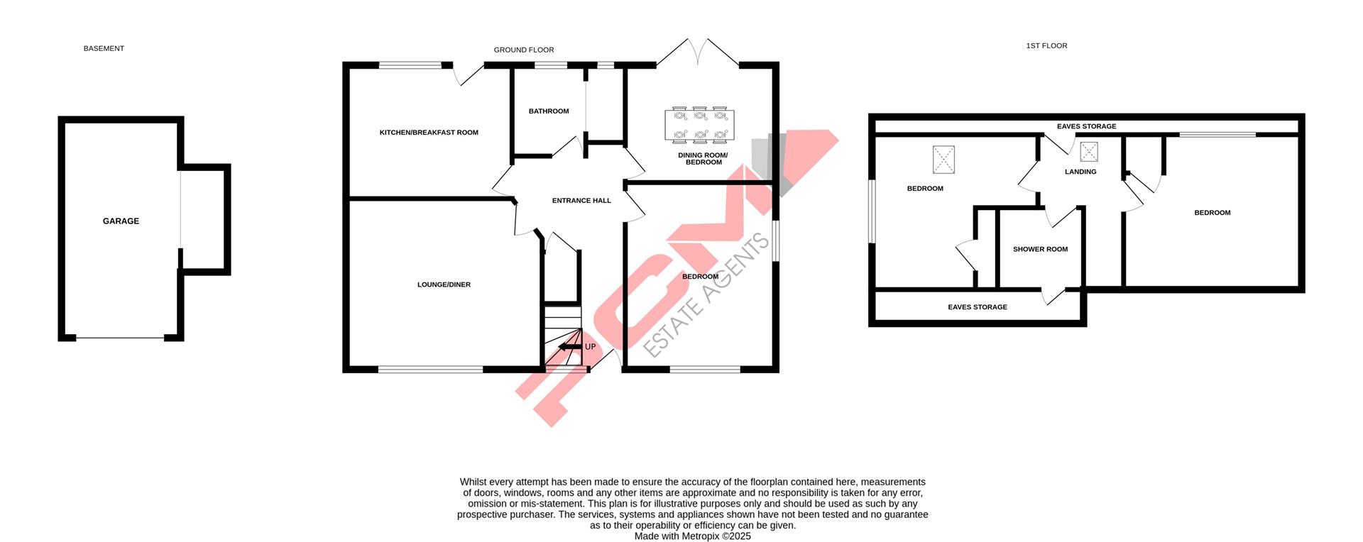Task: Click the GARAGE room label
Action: click(121, 221)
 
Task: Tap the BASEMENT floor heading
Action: click(104, 49)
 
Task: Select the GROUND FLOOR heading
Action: click(524, 50)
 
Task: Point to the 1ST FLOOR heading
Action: click(1046, 46)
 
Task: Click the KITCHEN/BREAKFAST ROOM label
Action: click(429, 133)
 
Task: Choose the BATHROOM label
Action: click(549, 111)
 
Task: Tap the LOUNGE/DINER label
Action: click(444, 285)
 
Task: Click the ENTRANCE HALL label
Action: click(581, 201)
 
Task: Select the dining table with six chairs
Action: click(700, 124)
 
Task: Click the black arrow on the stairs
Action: click(568, 347)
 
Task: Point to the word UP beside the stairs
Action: click(590, 347)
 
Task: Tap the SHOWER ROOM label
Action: click(1040, 250)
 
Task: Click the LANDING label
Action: click(1080, 172)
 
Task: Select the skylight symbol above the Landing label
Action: click(1088, 152)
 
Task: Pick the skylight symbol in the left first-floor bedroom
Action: click(943, 160)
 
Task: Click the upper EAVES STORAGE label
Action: click(1086, 126)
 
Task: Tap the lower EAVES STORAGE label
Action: click(978, 307)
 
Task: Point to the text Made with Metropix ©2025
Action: click(692, 536)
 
